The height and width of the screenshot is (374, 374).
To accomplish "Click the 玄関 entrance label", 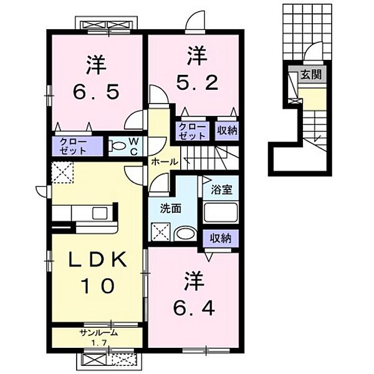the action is (311, 75).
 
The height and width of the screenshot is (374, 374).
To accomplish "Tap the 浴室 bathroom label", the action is (221, 190).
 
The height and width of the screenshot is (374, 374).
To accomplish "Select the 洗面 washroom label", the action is (171, 209).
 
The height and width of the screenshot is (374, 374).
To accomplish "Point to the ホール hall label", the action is (165, 162).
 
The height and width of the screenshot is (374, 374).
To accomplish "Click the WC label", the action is (134, 146).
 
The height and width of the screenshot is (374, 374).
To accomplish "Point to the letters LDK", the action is (98, 259).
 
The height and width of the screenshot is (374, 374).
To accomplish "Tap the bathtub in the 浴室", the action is (221, 213).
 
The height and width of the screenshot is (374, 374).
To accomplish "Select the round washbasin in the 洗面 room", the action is (185, 233).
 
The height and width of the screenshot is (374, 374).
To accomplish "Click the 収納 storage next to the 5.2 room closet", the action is (227, 131).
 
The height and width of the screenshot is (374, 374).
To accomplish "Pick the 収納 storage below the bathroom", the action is (221, 238).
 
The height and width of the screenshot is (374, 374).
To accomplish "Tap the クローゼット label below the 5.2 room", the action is (192, 131).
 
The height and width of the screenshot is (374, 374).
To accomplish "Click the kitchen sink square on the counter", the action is (100, 213).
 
